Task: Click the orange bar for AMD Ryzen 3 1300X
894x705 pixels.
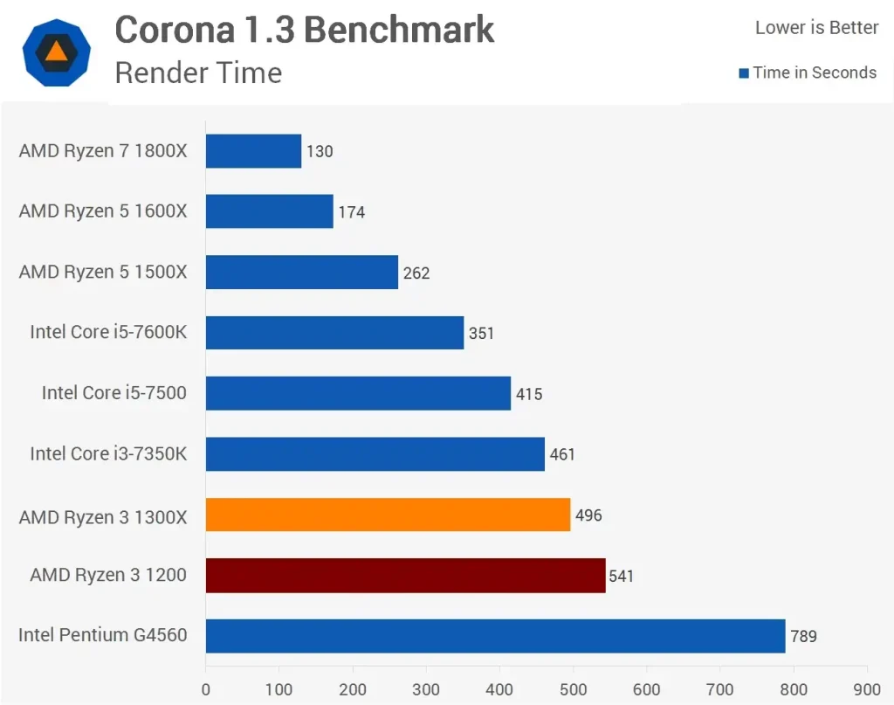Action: click(388, 515)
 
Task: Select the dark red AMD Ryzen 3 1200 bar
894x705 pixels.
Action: click(405, 576)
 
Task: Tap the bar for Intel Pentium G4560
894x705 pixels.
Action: click(495, 636)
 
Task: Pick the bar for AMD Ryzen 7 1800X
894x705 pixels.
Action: click(253, 151)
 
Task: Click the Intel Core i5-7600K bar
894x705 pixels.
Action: click(334, 333)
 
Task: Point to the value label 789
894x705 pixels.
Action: click(803, 636)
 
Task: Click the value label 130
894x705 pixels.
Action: click(320, 152)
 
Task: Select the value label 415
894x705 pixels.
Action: click(529, 394)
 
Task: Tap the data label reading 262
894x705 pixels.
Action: click(416, 273)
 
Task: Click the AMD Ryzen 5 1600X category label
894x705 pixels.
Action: click(103, 211)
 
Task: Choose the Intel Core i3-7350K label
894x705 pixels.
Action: click(108, 453)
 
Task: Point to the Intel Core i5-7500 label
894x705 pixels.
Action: click(114, 393)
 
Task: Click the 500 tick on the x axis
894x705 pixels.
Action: click(573, 690)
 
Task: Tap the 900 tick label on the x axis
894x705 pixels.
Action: click(866, 690)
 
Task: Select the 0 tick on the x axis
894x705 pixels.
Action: click(206, 690)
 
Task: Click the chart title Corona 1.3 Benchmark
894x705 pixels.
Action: click(305, 31)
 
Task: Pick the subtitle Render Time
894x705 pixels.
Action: click(198, 73)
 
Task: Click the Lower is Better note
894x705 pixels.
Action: click(816, 28)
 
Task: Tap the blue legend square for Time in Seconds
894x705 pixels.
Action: click(744, 73)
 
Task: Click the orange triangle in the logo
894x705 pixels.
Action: click(56, 51)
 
